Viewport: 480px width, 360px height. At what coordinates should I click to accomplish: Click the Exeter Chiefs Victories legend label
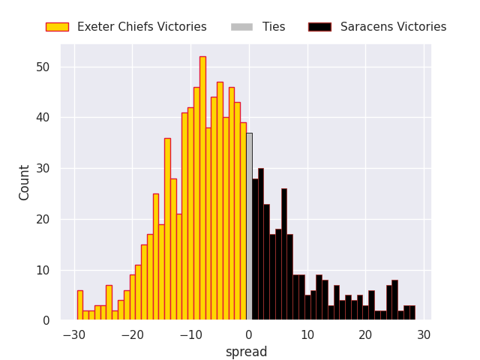pyautogui.click(x=142, y=27)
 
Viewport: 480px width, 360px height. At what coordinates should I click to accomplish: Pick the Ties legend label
pyautogui.click(x=274, y=27)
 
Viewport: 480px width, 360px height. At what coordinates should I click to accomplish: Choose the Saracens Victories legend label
pyautogui.click(x=393, y=27)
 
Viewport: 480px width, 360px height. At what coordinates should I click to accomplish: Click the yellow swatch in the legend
pyautogui.click(x=57, y=27)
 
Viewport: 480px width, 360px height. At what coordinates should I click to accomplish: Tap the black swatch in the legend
pyautogui.click(x=319, y=27)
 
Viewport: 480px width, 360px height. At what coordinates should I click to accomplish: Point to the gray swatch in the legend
pyautogui.click(x=241, y=27)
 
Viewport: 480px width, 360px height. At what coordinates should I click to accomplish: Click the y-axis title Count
pyautogui.click(x=25, y=182)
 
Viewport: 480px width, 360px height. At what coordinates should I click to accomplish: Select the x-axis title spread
pyautogui.click(x=246, y=352)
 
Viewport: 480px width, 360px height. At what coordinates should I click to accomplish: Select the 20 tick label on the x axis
pyautogui.click(x=365, y=334)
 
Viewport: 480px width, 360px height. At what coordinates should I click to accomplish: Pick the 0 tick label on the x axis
pyautogui.click(x=249, y=334)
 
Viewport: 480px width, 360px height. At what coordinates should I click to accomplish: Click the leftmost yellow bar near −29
pyautogui.click(x=80, y=306)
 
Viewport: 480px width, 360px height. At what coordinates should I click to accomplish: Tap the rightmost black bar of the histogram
pyautogui.click(x=412, y=313)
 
